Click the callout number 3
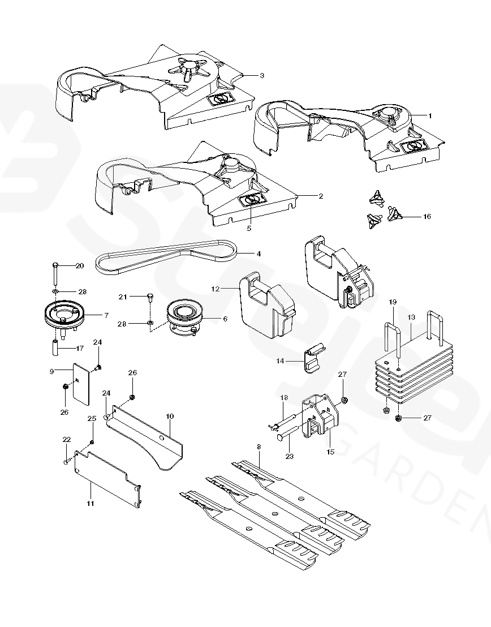[262, 75]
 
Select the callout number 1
[430, 115]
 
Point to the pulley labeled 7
[63, 314]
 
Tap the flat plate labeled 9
[83, 384]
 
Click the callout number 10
[170, 416]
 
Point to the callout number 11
[91, 503]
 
